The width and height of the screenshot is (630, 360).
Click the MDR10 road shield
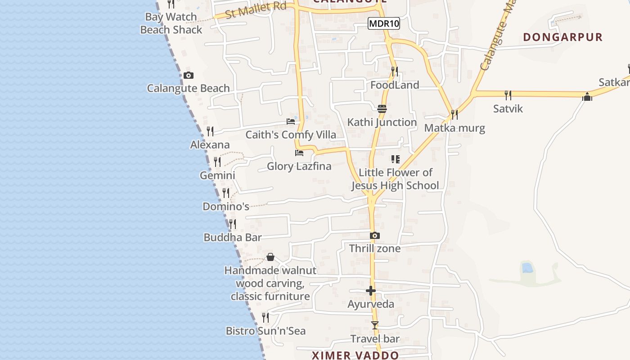(384, 23)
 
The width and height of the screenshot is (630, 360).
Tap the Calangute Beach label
(188, 88)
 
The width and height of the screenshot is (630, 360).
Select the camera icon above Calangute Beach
(189, 75)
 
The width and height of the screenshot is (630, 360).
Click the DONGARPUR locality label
(562, 37)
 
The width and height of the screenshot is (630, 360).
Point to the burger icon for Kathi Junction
(382, 109)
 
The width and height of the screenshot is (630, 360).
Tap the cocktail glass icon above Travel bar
(374, 325)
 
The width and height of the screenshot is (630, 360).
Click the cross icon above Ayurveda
(371, 291)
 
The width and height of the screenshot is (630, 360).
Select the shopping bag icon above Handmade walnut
(270, 257)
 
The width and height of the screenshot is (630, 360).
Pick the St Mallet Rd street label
(256, 10)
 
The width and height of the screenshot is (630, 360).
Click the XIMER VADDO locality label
(355, 355)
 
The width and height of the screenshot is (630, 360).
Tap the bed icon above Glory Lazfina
(299, 153)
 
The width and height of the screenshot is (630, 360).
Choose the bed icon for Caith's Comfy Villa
(291, 121)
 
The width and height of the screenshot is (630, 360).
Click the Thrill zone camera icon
(374, 235)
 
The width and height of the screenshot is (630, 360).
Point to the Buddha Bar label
(233, 237)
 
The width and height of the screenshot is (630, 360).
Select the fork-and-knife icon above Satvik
(508, 95)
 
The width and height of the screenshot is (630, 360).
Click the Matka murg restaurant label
(454, 128)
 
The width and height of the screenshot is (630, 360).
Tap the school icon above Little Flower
(396, 159)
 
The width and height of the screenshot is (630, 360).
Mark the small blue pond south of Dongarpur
(527, 268)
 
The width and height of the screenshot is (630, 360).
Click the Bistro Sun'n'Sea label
(265, 331)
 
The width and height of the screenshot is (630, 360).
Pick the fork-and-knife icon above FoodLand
(394, 72)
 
